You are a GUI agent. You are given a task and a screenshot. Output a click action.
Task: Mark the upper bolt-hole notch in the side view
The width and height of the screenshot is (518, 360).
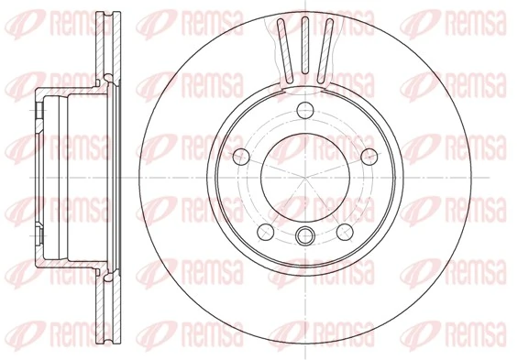point(43,112)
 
